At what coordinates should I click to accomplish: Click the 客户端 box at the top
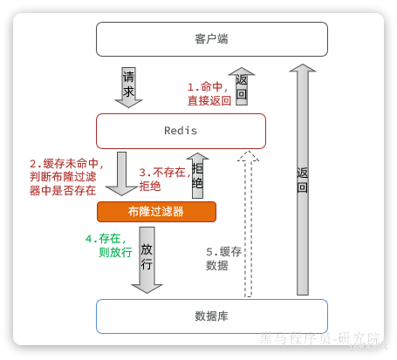212,39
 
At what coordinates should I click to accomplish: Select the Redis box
181,131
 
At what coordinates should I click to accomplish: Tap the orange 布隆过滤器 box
156,212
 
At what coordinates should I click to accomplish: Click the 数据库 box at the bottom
212,316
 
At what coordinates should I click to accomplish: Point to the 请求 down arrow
128,87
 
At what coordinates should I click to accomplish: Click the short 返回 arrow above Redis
242,86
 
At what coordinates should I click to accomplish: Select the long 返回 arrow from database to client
303,180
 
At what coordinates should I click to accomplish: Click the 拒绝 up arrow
197,176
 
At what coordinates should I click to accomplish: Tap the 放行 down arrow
147,261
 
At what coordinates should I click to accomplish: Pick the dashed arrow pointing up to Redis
248,224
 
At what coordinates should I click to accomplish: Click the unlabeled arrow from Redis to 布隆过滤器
121,173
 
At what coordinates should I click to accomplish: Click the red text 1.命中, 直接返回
209,93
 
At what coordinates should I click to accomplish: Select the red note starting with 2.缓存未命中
66,177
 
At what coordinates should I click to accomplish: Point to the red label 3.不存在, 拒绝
165,179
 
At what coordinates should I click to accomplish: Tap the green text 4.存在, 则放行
109,246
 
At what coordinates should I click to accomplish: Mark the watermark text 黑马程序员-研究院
320,338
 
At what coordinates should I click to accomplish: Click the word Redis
181,131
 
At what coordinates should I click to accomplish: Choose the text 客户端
211,39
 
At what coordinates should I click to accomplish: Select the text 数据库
211,316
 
